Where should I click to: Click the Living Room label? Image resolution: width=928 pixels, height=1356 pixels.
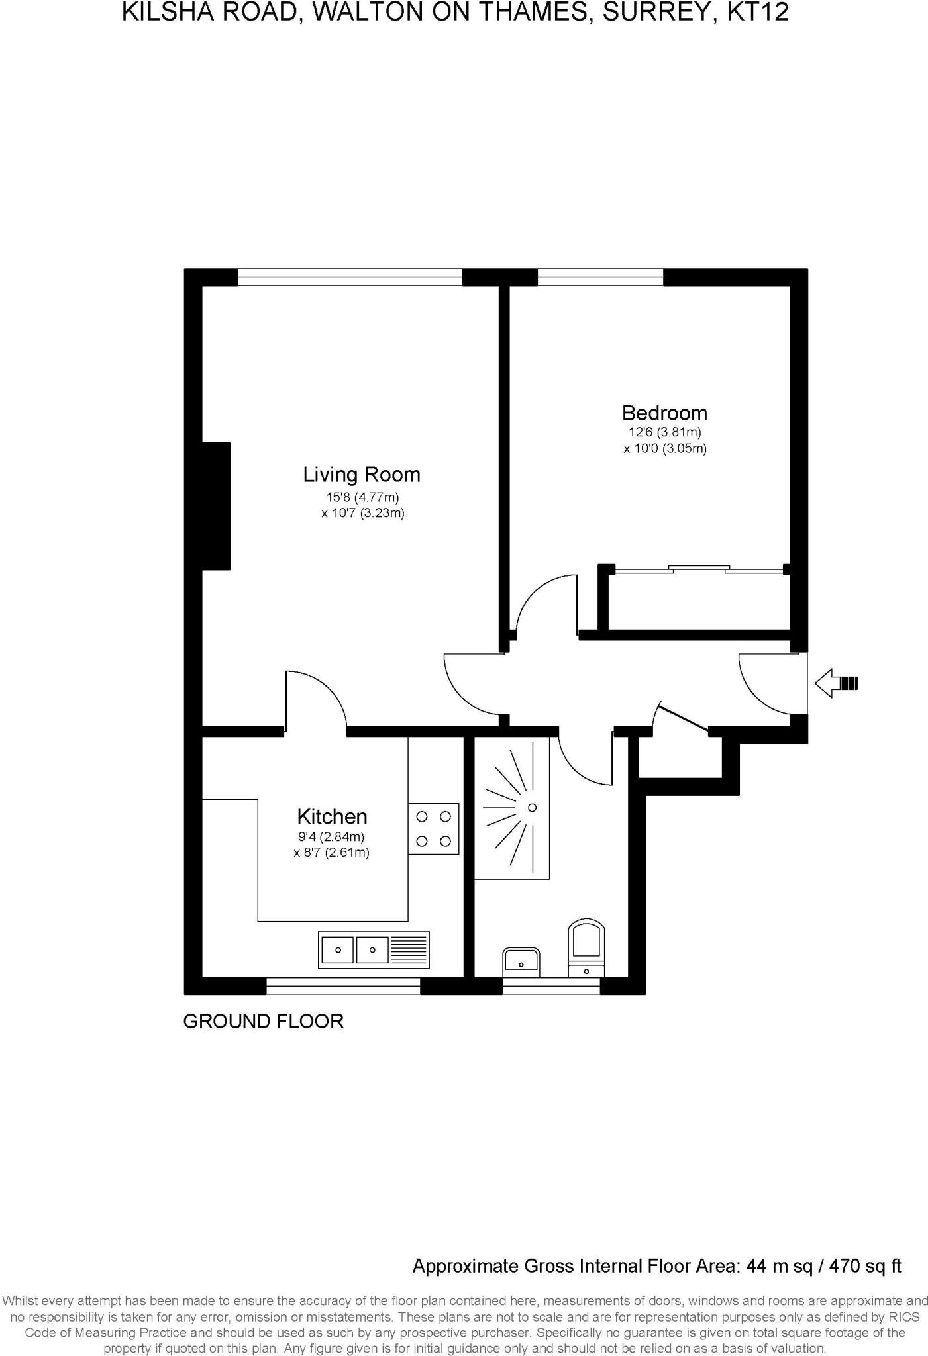click(x=362, y=475)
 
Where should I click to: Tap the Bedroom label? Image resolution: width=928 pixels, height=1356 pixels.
click(x=664, y=413)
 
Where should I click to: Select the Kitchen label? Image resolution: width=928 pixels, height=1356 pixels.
click(x=332, y=816)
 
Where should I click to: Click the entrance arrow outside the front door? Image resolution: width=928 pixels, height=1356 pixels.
click(x=835, y=683)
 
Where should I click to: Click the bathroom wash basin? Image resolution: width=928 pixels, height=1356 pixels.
click(x=521, y=961)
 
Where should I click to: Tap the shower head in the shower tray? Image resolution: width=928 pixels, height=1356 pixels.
click(x=531, y=808)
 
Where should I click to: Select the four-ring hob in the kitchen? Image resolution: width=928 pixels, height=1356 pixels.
click(x=433, y=828)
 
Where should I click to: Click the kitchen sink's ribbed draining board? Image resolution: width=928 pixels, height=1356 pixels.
click(x=409, y=949)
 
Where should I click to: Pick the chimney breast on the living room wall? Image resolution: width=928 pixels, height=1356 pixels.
click(x=216, y=506)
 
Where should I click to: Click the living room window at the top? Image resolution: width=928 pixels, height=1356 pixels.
click(x=350, y=277)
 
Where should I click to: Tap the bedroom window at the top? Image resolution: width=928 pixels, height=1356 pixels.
click(x=600, y=277)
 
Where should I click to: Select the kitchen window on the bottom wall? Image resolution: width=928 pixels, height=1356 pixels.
click(x=343, y=987)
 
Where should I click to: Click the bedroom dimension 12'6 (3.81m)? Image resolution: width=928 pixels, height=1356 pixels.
click(x=664, y=432)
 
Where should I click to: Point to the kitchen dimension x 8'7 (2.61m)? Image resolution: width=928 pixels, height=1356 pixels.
click(x=331, y=853)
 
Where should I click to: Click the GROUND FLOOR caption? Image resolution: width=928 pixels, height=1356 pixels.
click(x=263, y=1021)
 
